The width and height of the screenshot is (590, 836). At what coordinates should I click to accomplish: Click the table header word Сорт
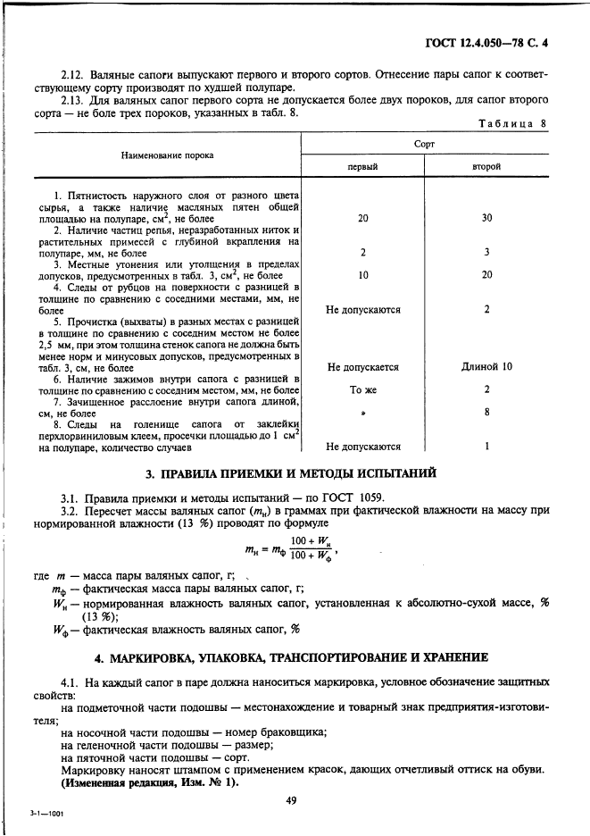click(x=425, y=143)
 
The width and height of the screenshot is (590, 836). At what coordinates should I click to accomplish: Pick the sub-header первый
click(x=361, y=166)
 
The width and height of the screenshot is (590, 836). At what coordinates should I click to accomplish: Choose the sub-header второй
click(x=486, y=166)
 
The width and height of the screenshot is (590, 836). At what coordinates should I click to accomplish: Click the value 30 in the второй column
click(x=486, y=218)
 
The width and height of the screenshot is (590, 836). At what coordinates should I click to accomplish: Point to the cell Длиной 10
click(x=486, y=366)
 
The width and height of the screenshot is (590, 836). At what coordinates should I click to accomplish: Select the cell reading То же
click(x=361, y=389)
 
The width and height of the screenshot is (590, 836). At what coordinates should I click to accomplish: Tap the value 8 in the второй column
click(x=486, y=413)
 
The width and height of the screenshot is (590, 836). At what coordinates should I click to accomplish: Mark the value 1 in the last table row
click(x=486, y=447)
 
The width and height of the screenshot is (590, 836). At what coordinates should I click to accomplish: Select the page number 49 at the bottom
click(x=291, y=800)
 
